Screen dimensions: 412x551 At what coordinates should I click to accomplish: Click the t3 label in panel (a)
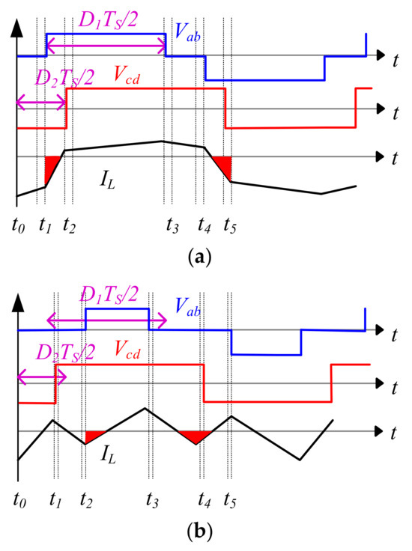point(172,226)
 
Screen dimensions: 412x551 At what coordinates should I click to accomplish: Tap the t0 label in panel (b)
point(19,500)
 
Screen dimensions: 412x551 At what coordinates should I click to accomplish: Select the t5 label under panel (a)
point(229,226)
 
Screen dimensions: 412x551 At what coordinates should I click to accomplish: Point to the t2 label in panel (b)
point(86,500)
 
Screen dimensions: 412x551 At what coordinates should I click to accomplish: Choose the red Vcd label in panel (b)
point(127,350)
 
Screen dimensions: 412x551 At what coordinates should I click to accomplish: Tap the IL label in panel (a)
point(108,180)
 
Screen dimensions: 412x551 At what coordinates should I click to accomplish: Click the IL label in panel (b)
point(109,454)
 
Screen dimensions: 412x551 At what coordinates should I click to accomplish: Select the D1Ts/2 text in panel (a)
point(107,20)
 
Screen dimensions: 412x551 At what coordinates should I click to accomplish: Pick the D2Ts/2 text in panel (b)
point(65,352)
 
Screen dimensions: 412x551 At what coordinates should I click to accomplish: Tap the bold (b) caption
point(200,532)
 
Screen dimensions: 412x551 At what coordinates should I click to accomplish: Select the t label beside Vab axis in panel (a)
point(396,61)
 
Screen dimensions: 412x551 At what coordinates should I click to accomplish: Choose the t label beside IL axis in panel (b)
point(395,433)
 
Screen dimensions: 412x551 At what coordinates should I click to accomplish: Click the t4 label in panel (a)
point(205,226)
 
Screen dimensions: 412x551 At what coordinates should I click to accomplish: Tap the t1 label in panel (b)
point(55,500)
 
